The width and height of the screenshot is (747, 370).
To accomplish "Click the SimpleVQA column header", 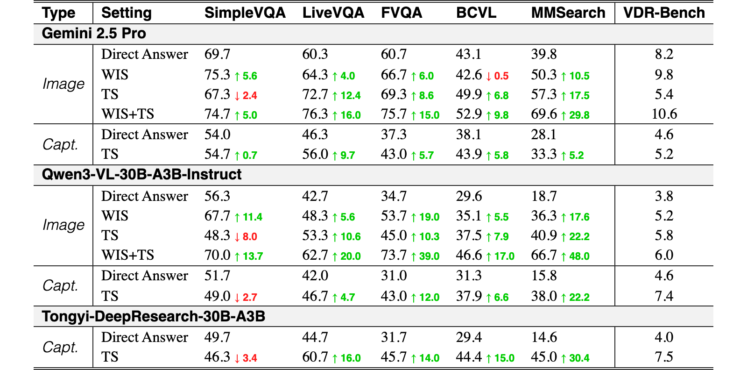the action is [245, 13].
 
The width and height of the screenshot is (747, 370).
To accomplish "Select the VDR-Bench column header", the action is [664, 13].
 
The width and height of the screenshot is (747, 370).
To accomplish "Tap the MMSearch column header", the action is [568, 13].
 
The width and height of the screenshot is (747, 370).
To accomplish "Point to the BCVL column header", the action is [476, 13].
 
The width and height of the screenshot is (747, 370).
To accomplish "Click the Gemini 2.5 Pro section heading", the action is [94, 33].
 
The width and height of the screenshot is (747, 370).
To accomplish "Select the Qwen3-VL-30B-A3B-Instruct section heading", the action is [141, 175].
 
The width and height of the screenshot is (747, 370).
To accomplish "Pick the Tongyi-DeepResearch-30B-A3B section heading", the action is [154, 316].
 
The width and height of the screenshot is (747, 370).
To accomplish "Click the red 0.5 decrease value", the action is [501, 76].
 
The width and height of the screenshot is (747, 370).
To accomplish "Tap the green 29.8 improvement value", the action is [579, 115].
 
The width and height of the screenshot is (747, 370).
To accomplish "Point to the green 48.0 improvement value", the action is [579, 256].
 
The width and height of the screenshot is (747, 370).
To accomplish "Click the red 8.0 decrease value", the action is [250, 236].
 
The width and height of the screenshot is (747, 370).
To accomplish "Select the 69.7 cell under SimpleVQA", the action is [217, 54].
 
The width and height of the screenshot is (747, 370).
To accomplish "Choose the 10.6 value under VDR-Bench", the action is [664, 114].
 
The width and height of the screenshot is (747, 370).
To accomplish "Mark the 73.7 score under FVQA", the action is [394, 255].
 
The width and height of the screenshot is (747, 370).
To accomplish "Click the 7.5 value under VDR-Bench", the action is [664, 357].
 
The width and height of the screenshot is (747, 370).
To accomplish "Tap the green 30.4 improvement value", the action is [579, 358].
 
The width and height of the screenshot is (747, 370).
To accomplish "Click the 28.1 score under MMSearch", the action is [543, 135].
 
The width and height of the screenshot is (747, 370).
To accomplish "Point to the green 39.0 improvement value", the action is [429, 256].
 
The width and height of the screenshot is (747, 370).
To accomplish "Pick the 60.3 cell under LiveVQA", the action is [315, 54].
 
